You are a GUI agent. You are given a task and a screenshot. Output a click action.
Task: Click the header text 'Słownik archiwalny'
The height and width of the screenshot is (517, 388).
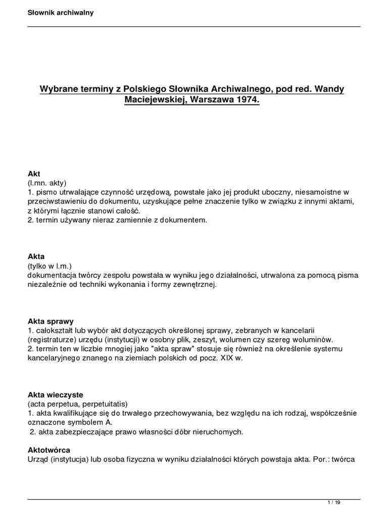(61, 13)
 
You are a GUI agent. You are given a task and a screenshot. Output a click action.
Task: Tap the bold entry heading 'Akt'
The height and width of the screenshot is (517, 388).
(34, 173)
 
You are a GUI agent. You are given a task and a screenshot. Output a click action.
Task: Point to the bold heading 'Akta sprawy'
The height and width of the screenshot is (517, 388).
(51, 321)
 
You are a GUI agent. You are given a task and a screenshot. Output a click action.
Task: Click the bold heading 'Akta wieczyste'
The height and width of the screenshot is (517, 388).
(55, 394)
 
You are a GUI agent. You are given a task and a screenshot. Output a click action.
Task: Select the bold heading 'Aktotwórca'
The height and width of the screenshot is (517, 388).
(48, 450)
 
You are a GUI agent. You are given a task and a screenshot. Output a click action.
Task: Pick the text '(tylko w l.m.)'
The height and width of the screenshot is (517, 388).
(50, 266)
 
